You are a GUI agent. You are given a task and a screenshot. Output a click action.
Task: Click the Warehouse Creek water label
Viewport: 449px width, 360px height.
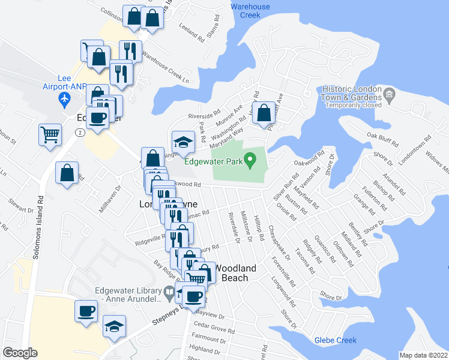tap(250, 11)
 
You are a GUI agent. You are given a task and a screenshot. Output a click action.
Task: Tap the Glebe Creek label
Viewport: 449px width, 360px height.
tap(335, 341)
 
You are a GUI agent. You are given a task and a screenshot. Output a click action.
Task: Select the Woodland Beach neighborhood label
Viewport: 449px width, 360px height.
tap(235, 273)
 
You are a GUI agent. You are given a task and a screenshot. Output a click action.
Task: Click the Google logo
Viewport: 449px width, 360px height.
tap(20, 352)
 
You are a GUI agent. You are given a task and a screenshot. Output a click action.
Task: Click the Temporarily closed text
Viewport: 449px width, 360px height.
tap(354, 105)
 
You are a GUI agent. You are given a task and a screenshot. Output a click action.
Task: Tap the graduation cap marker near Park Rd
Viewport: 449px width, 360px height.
tap(184, 142)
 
